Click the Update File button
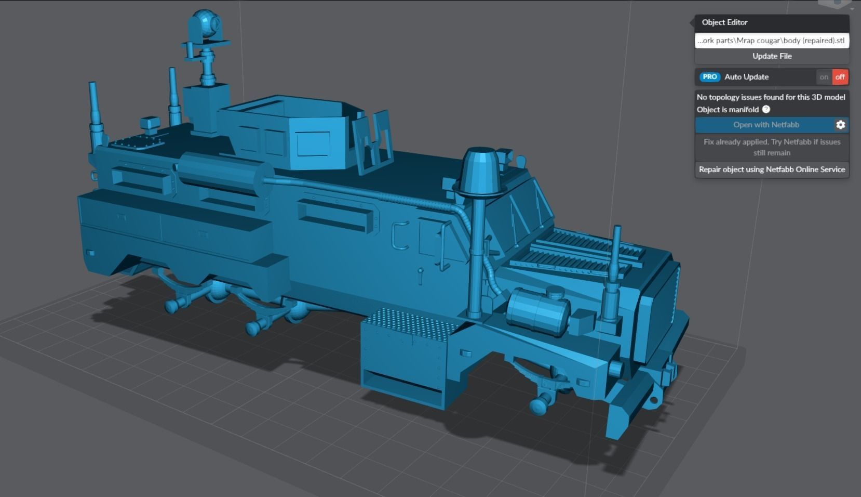pos(772,56)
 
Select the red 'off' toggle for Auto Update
pos(840,77)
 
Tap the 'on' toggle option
pos(824,77)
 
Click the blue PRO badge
pos(709,77)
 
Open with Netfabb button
pos(765,125)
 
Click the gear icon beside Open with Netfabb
pos(840,125)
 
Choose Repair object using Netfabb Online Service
pos(772,169)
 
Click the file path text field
pos(772,41)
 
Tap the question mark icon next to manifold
pos(766,110)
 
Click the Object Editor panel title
pos(724,22)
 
